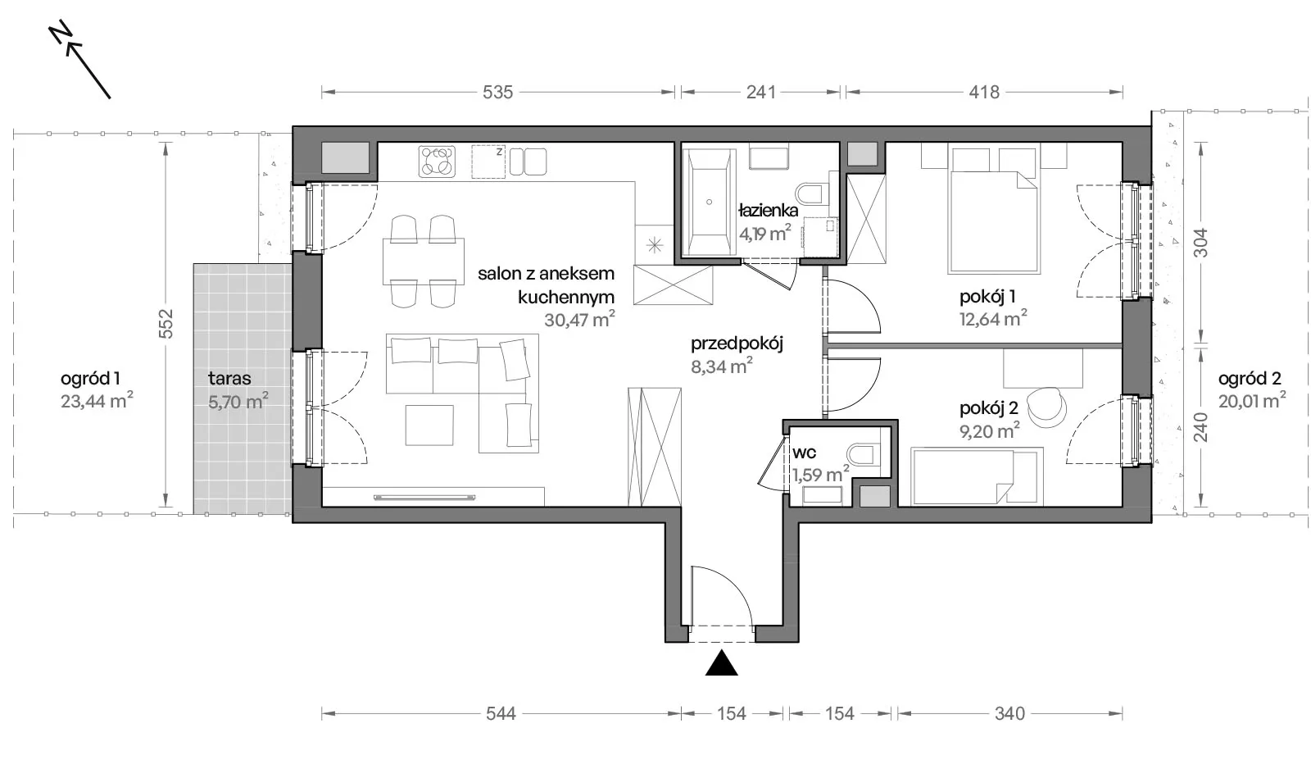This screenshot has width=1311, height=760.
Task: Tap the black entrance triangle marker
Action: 721,662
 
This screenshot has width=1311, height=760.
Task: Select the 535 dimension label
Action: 497,93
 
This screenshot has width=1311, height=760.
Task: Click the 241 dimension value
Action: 761,93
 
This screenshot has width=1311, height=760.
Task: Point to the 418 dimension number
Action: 984,93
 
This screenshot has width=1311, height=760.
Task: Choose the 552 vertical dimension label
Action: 166,323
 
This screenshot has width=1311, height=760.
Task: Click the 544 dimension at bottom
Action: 501,713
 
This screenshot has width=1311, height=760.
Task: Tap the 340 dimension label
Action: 1009,713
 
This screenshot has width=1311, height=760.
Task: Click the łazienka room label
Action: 769,210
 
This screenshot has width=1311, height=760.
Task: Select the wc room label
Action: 804,453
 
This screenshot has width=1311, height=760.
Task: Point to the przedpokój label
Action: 737,344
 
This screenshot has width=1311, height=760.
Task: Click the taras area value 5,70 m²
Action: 238,402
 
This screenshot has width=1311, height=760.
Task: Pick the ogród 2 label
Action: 1250,379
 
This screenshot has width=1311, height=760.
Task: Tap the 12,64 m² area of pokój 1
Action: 993,319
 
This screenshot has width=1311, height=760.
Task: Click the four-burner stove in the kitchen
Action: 437,162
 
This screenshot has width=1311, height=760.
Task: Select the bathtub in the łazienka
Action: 709,202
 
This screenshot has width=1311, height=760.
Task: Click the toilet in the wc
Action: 863,454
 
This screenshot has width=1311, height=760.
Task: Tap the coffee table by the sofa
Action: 429,425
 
